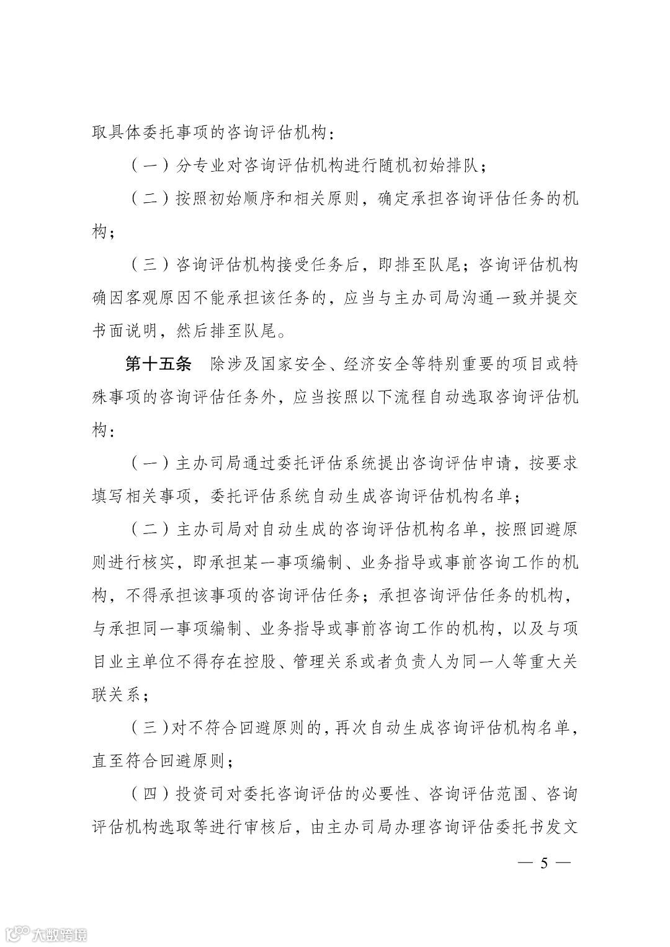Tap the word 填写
tap(109, 496)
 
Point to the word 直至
tap(109, 760)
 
